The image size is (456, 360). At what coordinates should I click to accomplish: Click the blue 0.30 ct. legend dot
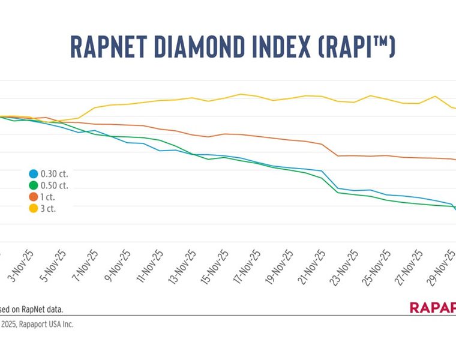coord(33,175)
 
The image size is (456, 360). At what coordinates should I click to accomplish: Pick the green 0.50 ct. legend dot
coord(33,186)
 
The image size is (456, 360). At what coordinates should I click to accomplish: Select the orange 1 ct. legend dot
coord(33,197)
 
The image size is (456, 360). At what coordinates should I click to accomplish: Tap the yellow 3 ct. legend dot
coord(33,209)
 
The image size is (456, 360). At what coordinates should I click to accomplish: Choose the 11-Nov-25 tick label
coord(151,264)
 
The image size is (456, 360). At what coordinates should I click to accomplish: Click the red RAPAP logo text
coord(432,308)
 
